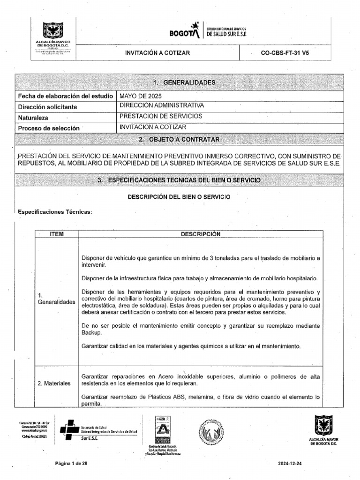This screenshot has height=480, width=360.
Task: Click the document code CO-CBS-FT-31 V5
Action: [x=285, y=53]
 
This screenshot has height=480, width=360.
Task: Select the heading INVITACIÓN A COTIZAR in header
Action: [x=157, y=53]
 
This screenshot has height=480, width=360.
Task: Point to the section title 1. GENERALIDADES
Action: [x=180, y=82]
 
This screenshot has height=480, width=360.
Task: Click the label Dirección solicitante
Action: [x=47, y=107]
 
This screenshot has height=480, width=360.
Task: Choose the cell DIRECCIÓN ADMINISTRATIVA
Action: [x=162, y=105]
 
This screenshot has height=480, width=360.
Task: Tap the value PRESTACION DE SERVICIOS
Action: [x=161, y=116]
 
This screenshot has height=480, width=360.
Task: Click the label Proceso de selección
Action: [x=49, y=128]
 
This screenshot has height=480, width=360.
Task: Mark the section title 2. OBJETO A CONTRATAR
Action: [x=180, y=140]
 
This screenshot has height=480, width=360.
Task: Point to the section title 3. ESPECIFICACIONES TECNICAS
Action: [x=180, y=180]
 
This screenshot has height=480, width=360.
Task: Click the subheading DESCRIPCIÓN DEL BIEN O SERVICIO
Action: [x=179, y=197]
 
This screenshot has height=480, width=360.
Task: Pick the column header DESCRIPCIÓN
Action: [x=200, y=234]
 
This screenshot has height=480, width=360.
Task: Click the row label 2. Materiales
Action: [x=54, y=383]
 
